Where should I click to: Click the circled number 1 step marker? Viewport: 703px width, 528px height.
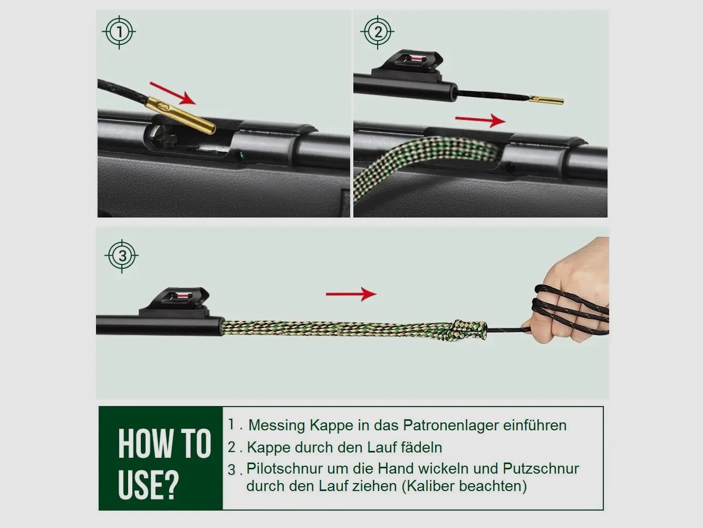coord(119,32)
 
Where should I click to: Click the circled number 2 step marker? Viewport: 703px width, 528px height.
coord(378,32)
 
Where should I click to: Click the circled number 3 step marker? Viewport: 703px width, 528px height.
coord(122,256)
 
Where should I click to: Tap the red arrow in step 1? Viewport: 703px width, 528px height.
coord(172,93)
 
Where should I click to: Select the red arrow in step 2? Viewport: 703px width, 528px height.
coord(480,120)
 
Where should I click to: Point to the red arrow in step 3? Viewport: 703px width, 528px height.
coord(351,294)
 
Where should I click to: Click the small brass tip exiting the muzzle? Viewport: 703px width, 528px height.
coord(546,99)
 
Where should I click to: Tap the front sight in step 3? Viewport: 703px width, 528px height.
coord(178,301)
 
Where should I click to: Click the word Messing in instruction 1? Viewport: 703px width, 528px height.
coord(277,426)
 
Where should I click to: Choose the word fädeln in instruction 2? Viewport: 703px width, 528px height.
coord(421,448)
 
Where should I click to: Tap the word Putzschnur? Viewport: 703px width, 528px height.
coord(541,469)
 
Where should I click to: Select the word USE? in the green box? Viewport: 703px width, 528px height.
coord(148,485)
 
